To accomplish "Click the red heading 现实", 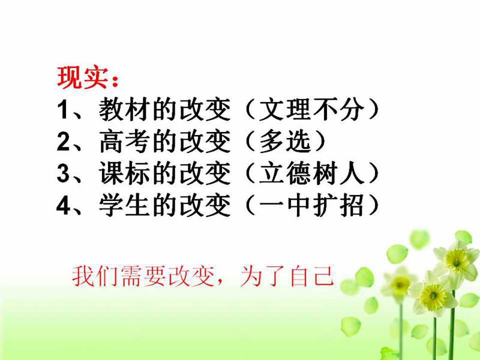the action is [x=83, y=77].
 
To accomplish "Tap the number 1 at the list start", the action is [x=63, y=110].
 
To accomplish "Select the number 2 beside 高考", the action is [x=63, y=142].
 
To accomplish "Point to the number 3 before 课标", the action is [x=63, y=173].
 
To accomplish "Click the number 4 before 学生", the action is [x=64, y=205].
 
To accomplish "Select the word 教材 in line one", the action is [x=125, y=110].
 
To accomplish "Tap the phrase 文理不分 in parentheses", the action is [x=311, y=110].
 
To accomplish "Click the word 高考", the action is [x=125, y=142].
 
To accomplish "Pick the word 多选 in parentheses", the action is [x=286, y=142].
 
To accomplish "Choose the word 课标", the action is [x=125, y=173].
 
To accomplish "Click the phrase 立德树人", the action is [x=311, y=173].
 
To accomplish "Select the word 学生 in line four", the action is [x=125, y=205].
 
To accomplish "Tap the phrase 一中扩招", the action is [x=311, y=205].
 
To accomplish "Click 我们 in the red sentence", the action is [x=95, y=276].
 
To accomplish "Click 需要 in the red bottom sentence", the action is [x=143, y=276].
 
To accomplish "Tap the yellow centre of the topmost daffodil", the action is [x=457, y=260].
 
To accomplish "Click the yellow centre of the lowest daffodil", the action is [x=433, y=295].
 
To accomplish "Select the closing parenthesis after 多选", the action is [x=320, y=142].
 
